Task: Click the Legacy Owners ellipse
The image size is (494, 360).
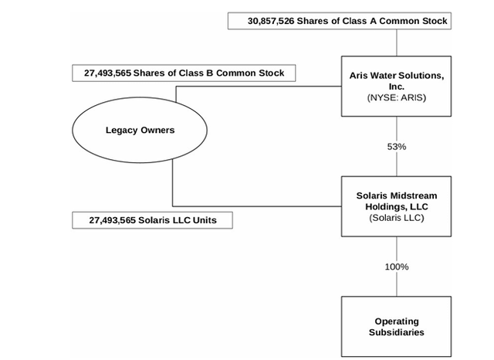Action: pyautogui.click(x=140, y=130)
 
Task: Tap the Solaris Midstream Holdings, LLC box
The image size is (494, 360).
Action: pyautogui.click(x=397, y=206)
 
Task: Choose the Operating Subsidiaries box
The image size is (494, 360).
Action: pyautogui.click(x=397, y=326)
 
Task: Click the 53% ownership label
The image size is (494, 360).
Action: pyautogui.click(x=397, y=147)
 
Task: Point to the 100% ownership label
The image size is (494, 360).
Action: pyautogui.click(x=397, y=267)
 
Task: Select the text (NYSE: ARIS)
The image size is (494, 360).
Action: pyautogui.click(x=397, y=98)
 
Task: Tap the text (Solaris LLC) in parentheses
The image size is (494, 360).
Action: pyautogui.click(x=397, y=218)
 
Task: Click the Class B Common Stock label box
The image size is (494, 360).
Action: pyautogui.click(x=184, y=73)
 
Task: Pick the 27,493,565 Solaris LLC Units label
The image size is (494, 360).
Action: pyautogui.click(x=153, y=221)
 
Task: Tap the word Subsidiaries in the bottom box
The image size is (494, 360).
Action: pyautogui.click(x=397, y=332)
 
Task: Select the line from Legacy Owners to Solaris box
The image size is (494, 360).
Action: pyautogui.click(x=255, y=206)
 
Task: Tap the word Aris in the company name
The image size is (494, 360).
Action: pyautogui.click(x=360, y=75)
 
